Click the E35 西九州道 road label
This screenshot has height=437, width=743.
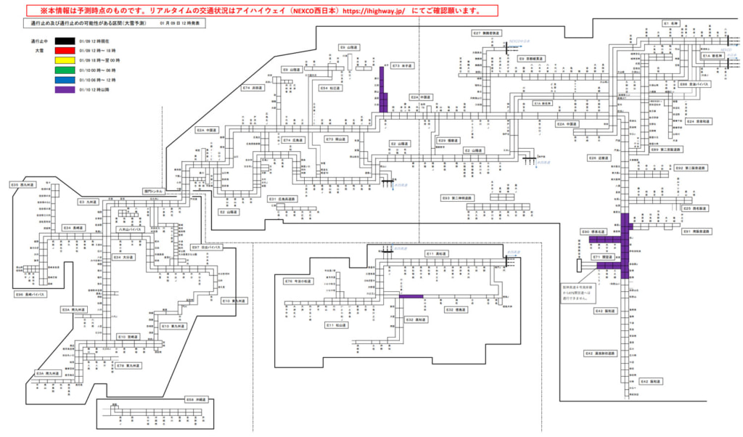click(x=20, y=185)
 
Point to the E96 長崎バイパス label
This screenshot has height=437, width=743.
click(x=30, y=295)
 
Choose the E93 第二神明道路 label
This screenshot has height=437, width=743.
click(x=457, y=197)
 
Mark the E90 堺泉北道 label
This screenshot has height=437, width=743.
click(x=596, y=232)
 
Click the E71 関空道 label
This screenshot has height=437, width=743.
click(x=603, y=257)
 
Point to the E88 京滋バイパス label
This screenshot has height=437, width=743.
click(x=694, y=84)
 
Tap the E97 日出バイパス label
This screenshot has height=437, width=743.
click(x=205, y=248)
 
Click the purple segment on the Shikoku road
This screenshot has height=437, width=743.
click(x=411, y=296)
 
